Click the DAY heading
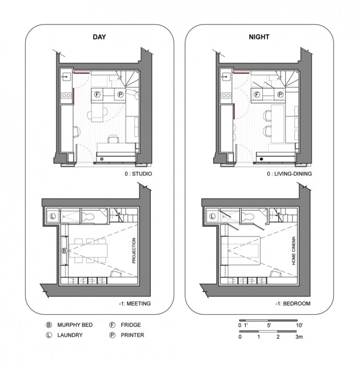(99, 37)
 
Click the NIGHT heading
(259, 37)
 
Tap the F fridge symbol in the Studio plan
(97, 94)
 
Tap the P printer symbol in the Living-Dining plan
(281, 94)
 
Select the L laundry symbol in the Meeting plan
(53, 216)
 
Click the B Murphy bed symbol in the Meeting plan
(64, 251)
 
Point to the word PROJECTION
(134, 250)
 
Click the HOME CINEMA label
(294, 251)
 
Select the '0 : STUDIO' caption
(138, 174)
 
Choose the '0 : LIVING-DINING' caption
(289, 174)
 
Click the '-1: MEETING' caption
(135, 303)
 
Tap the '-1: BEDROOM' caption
(293, 303)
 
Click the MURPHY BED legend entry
(75, 325)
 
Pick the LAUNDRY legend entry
(70, 335)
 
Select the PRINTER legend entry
(132, 335)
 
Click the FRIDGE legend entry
(131, 325)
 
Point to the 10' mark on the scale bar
(299, 325)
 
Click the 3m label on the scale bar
(299, 336)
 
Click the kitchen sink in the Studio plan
(66, 77)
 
